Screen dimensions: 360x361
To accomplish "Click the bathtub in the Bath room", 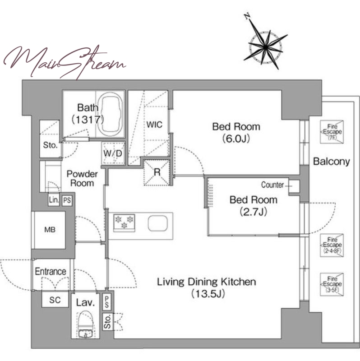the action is (x=110, y=115).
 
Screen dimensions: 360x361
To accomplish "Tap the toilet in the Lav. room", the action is (x=85, y=324).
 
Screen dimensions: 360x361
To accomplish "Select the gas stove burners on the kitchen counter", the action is (x=124, y=222).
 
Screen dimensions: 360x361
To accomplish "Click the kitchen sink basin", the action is (x=158, y=223).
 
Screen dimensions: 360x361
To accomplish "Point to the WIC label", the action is (x=154, y=125).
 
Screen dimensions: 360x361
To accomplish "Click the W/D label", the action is (x=113, y=153).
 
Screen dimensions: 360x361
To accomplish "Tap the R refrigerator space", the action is (x=157, y=172).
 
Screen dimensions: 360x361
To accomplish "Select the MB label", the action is (x=50, y=230).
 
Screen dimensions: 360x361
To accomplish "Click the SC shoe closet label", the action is (x=55, y=300).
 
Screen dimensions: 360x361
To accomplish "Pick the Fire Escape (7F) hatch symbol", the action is (x=332, y=132).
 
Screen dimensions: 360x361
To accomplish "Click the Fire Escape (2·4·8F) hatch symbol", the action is (x=332, y=245).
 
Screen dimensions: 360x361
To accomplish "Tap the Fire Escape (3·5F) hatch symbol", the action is (x=332, y=284).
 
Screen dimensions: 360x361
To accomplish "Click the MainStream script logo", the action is (x=65, y=62).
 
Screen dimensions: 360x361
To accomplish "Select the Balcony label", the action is (x=332, y=162).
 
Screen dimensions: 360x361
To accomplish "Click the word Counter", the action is (x=272, y=185).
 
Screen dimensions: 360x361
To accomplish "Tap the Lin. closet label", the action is (x=54, y=200).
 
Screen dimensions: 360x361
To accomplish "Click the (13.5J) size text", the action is (x=208, y=294).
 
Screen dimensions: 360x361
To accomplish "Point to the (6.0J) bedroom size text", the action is (x=236, y=139).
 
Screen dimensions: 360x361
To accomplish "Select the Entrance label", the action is (x=51, y=272).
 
